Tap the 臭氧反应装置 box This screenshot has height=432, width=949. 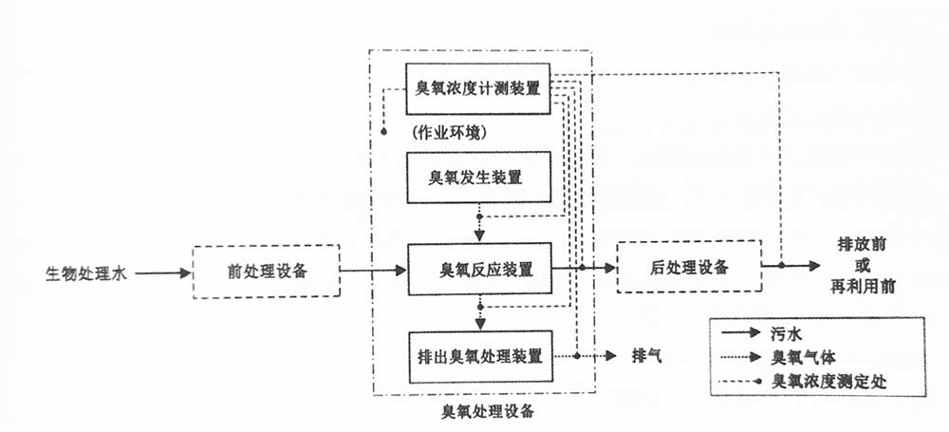[478, 270]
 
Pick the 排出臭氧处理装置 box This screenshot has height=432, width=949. [478, 357]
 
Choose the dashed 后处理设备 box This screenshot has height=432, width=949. [688, 267]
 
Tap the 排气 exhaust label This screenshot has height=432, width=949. [646, 357]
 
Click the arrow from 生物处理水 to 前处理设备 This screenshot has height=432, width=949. [161, 273]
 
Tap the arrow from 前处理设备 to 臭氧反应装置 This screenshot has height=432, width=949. [370, 272]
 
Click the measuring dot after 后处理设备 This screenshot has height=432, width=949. [781, 266]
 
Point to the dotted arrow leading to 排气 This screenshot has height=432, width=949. [598, 357]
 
